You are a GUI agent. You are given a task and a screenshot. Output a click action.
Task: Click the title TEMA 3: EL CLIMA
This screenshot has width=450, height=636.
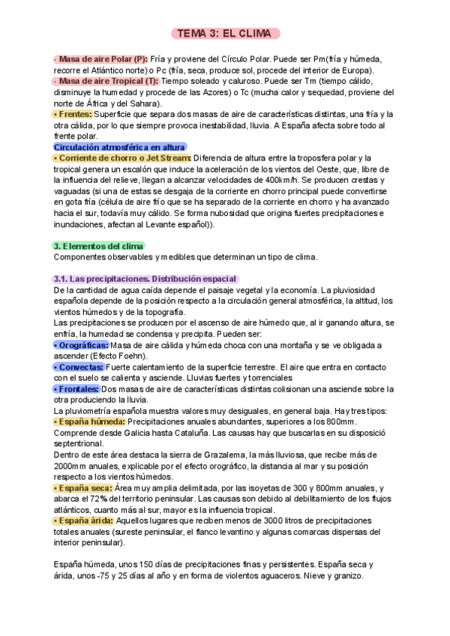tap(225, 34)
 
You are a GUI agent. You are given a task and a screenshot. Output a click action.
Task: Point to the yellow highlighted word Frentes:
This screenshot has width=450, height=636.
tap(74, 114)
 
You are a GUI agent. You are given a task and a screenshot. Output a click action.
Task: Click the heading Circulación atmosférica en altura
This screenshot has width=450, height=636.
tap(120, 147)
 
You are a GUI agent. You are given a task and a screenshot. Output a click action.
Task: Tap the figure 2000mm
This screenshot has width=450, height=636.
tap(72, 466)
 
